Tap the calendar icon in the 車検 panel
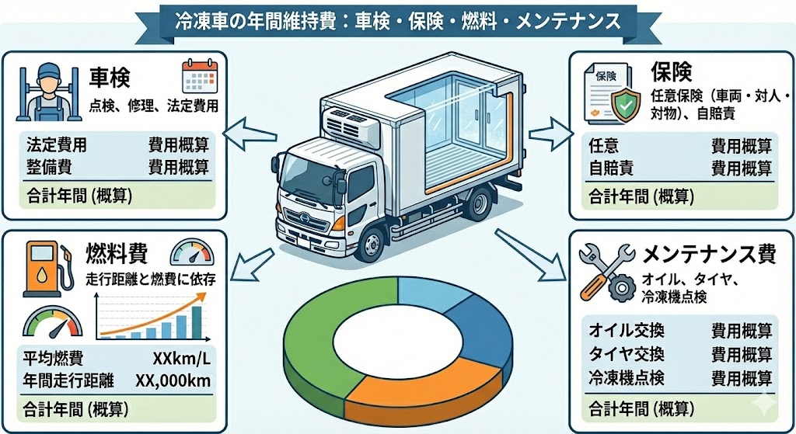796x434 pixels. (x=197, y=77)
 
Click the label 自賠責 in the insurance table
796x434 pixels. (x=611, y=167)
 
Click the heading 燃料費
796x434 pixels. (x=117, y=253)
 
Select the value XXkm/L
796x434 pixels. (x=182, y=359)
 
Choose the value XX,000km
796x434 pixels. (x=173, y=380)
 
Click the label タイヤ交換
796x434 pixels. (x=627, y=355)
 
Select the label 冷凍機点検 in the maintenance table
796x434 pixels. (x=627, y=378)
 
